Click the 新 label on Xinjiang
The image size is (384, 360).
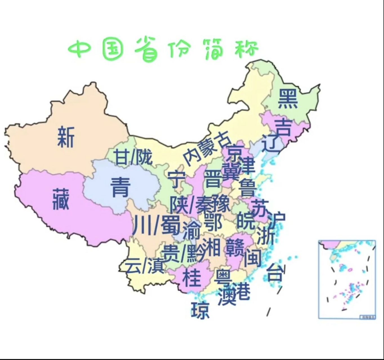point(66,137)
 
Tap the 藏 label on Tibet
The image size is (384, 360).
point(61,199)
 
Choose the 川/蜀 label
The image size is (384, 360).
point(156,225)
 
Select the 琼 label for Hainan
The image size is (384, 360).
point(200,310)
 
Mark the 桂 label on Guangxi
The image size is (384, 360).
point(192,277)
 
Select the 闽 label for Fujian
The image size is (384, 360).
point(252,257)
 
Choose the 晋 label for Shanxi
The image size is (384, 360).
point(213,179)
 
